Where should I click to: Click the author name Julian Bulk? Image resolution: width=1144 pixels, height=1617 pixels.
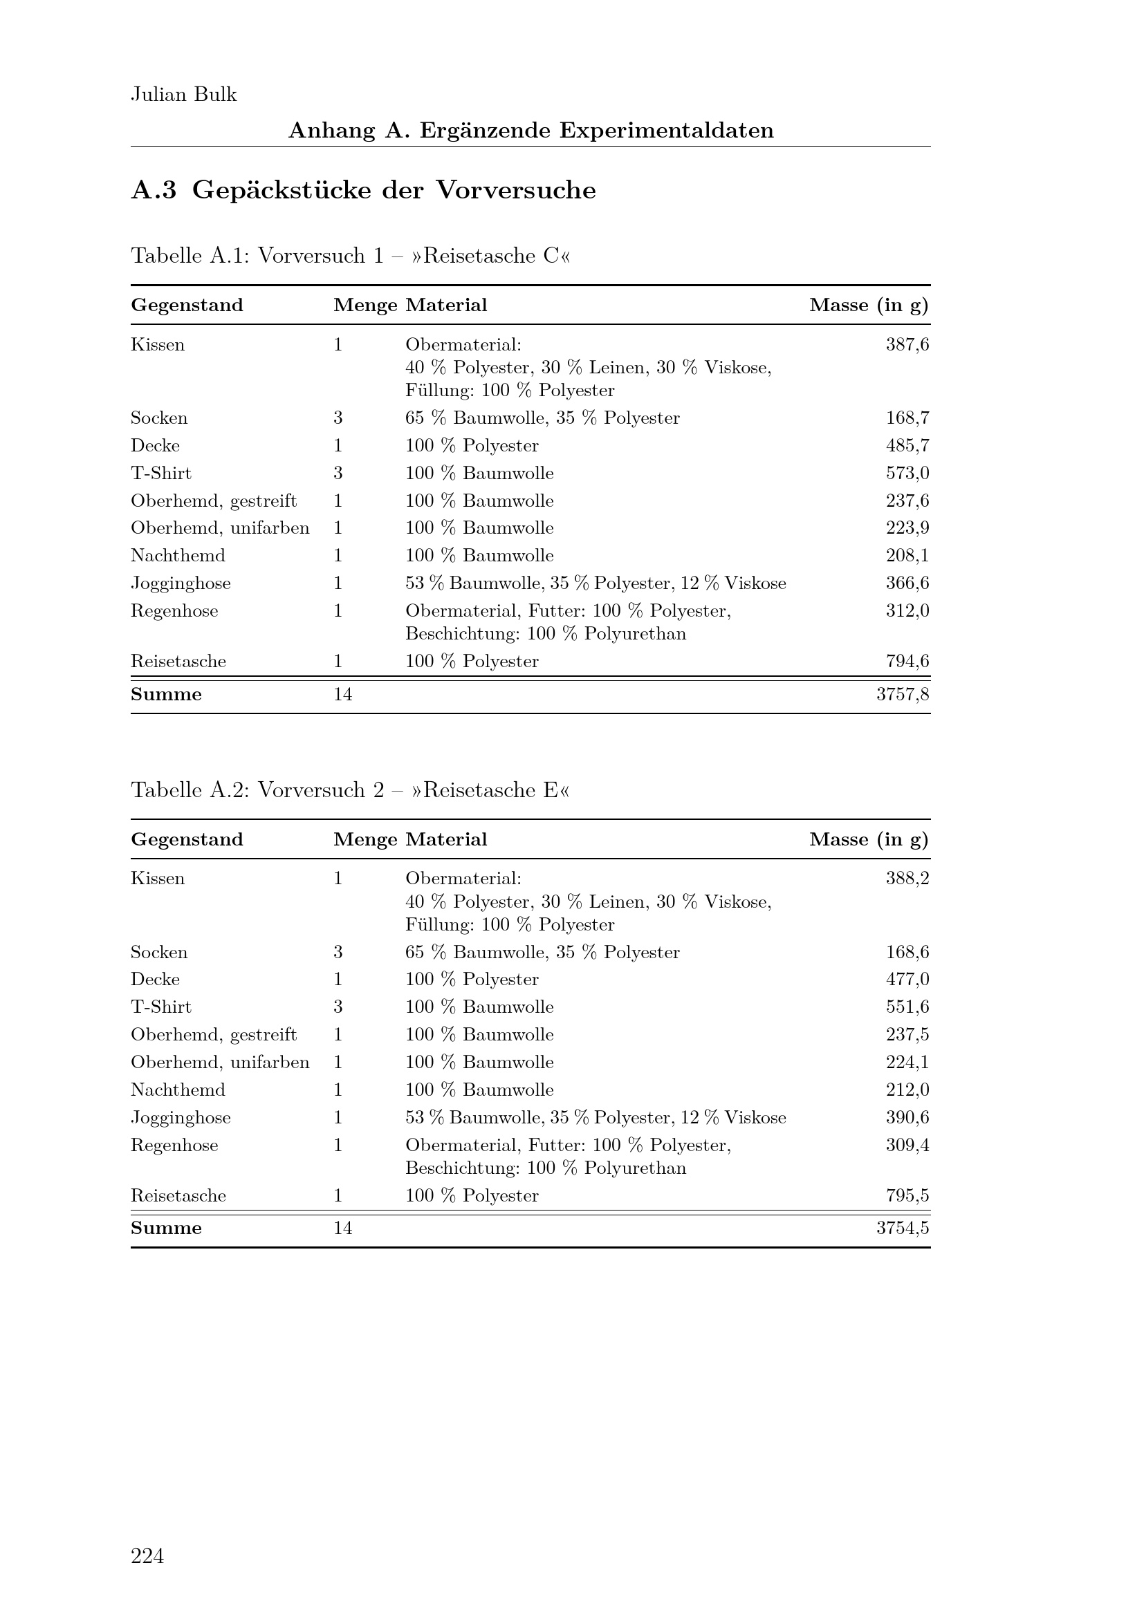click(184, 95)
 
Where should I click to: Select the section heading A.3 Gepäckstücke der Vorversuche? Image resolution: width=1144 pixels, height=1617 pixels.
click(364, 190)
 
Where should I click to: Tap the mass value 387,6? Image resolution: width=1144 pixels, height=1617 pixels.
click(907, 344)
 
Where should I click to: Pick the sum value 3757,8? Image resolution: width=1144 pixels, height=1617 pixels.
click(903, 694)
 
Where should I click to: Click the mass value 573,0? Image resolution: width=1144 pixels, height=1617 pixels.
click(907, 474)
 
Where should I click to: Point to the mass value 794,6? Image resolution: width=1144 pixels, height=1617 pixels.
click(907, 662)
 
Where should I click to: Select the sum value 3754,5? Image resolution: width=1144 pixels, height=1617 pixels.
click(903, 1228)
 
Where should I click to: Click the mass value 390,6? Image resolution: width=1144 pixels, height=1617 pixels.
click(907, 1118)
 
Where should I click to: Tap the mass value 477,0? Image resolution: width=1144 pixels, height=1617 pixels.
click(907, 980)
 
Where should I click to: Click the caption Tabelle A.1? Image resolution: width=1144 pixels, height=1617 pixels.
click(350, 256)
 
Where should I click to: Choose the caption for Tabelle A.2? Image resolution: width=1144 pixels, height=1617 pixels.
click(350, 790)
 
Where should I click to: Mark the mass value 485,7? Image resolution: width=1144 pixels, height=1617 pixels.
click(907, 446)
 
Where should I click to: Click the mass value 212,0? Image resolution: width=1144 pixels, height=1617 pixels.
click(907, 1090)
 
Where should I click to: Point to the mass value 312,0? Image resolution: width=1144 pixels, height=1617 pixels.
click(907, 610)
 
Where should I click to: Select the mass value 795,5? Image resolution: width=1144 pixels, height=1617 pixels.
click(907, 1196)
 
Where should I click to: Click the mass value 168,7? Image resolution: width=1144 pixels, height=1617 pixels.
click(907, 418)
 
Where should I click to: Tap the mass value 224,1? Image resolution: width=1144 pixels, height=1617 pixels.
click(907, 1062)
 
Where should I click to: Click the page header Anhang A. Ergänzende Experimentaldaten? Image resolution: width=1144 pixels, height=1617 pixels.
click(531, 130)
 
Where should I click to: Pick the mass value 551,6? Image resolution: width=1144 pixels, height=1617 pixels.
click(907, 1007)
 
